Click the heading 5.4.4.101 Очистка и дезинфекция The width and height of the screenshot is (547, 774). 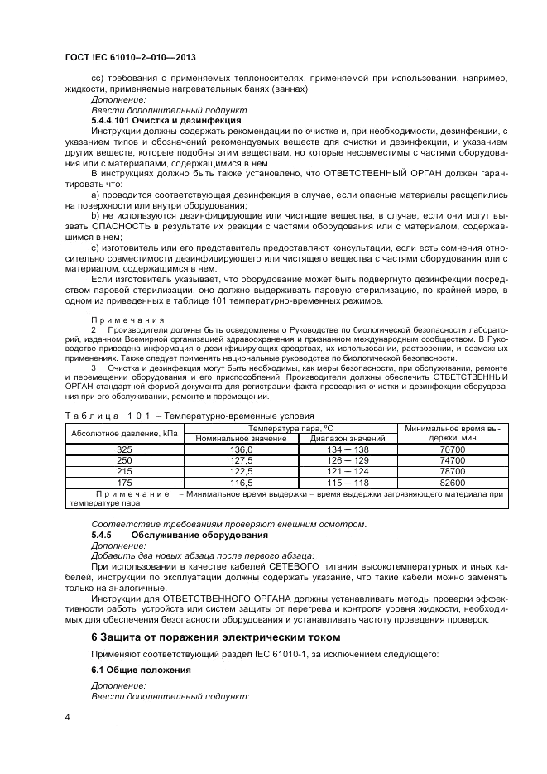(148, 121)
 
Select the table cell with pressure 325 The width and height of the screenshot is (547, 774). (124, 449)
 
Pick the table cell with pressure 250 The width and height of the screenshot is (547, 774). (124, 460)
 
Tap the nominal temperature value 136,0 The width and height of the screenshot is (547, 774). (241, 449)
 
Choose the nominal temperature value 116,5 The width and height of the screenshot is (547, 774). (241, 482)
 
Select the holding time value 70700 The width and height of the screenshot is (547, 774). (452, 449)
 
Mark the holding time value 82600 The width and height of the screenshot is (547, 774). (452, 482)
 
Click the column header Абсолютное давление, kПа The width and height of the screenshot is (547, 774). (124, 433)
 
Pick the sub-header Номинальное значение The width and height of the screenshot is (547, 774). (241, 439)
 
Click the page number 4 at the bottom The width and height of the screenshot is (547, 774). (67, 717)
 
